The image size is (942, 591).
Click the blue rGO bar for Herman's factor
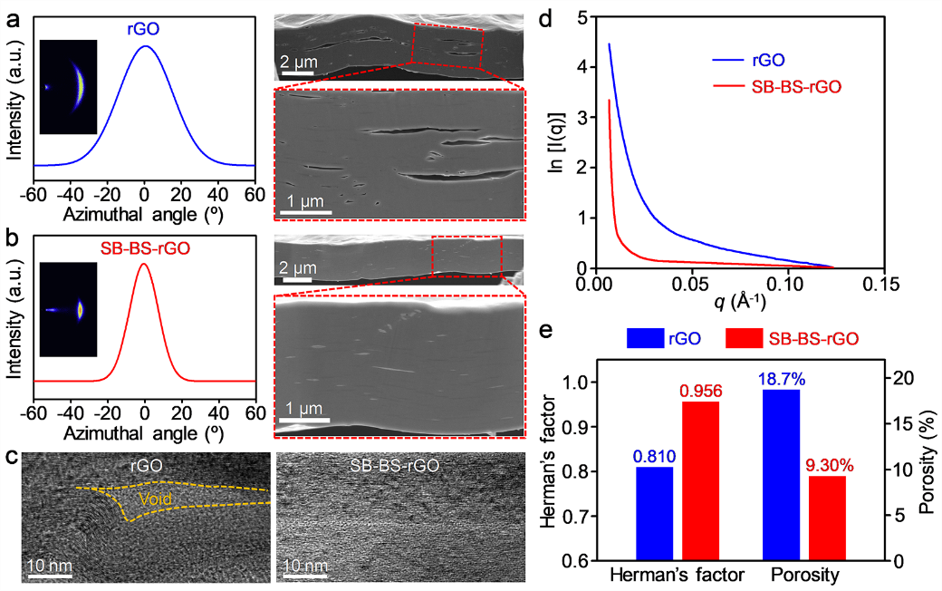(x=654, y=513)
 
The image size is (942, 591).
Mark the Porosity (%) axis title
(x=925, y=466)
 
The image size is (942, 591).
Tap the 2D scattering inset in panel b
(x=68, y=309)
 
